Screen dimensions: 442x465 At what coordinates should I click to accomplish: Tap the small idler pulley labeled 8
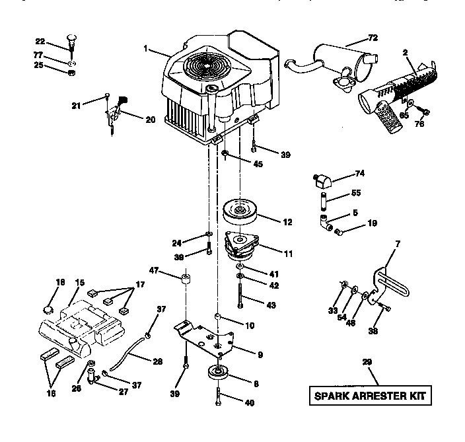(217, 373)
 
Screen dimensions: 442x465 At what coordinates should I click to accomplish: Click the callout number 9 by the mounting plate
(260, 355)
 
